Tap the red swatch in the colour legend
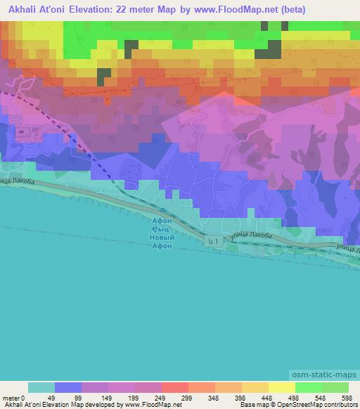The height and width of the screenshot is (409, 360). (175, 387)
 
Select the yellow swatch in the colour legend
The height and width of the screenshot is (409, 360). (281, 387)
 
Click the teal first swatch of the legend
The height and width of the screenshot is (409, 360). (41, 387)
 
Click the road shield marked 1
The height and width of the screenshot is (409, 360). (213, 241)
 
